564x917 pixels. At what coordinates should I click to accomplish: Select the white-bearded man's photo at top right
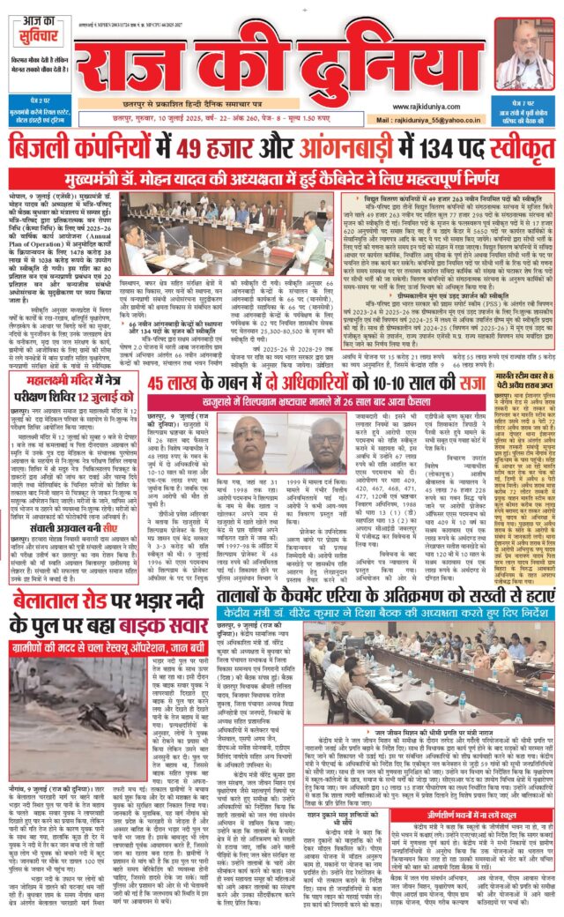click(525, 53)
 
